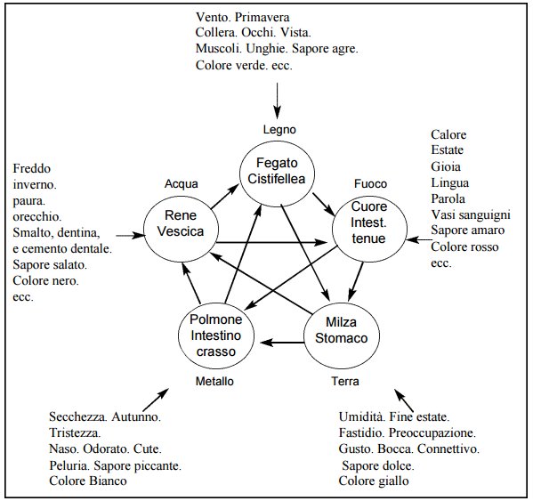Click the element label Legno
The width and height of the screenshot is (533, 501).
tap(279, 130)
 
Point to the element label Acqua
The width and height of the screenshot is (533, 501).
tap(182, 184)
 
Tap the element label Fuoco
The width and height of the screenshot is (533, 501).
tap(370, 184)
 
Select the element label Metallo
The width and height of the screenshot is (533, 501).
tap(214, 382)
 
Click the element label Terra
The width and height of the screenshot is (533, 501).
tap(345, 382)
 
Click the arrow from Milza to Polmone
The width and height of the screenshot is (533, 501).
tap(282, 343)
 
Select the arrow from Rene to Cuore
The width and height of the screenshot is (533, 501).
tap(271, 242)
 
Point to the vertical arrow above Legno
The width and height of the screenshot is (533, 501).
tap(278, 101)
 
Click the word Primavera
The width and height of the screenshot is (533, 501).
tap(262, 17)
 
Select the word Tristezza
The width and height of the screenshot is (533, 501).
tap(75, 433)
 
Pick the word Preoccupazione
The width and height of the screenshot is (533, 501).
tap(432, 433)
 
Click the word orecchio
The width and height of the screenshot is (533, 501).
tap(37, 216)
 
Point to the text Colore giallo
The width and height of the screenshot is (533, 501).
tap(374, 481)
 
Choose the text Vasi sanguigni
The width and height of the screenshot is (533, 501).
tap(471, 214)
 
